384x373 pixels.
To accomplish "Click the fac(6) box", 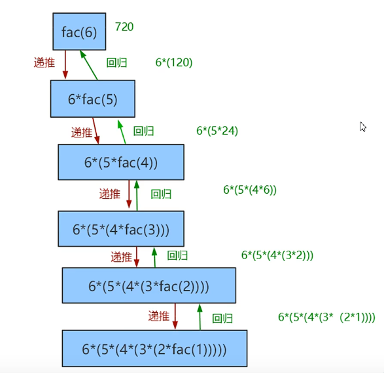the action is (79, 31).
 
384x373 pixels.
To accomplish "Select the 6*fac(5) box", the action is (93, 99).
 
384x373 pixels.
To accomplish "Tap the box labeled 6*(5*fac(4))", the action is (121, 162).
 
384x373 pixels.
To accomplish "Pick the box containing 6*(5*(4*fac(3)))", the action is (121, 229).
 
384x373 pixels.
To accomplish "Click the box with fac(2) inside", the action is (149, 285).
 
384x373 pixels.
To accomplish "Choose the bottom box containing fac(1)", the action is (154, 349).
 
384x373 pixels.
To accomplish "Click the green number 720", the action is (124, 27).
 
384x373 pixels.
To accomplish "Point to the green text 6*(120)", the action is (174, 62).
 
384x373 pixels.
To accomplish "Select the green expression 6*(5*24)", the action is (217, 130).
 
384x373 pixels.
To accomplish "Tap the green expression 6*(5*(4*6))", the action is (250, 190).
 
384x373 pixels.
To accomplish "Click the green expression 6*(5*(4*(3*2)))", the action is (277, 255).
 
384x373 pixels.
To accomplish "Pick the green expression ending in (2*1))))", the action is (326, 317).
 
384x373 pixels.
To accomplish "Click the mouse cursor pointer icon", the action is (362, 127).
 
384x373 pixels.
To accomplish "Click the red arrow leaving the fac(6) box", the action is (65, 64).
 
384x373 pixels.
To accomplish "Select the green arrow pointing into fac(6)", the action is (89, 65).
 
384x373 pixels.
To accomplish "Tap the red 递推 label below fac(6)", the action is (44, 62).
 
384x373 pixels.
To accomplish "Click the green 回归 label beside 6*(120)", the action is (116, 63).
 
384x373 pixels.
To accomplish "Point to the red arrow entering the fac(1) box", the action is (175, 317).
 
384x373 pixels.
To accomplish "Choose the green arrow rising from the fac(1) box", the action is (200, 317).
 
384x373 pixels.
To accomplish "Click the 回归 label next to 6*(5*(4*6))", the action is (161, 194).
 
